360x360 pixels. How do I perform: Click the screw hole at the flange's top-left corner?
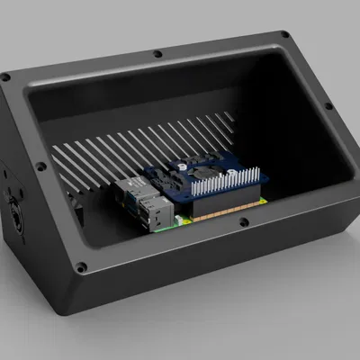tap(6, 77)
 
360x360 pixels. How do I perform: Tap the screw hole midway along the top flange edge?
tap(157, 53)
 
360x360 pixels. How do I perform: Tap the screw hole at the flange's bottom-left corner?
tap(81, 267)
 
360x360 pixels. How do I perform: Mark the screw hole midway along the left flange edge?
tap(39, 166)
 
